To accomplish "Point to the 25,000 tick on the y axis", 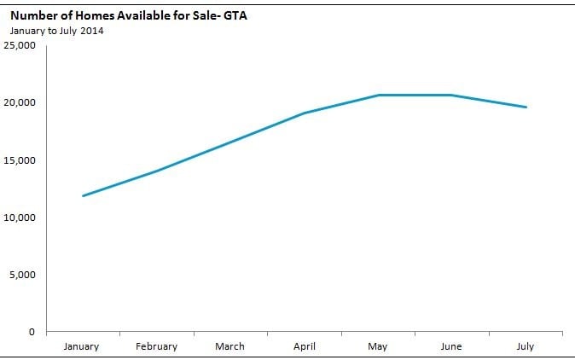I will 20,45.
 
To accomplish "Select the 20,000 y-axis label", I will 20,102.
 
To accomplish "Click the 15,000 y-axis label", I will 20,160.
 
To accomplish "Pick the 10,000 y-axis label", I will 20,218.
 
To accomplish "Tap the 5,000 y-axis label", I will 23,275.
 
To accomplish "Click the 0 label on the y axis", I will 32,332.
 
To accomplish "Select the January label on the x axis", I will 83,346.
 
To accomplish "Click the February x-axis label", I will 156,346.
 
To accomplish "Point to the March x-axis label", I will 229,346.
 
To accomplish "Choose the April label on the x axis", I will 304,346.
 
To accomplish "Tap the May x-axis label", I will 377,346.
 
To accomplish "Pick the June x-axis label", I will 451,346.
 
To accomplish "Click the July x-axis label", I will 526,346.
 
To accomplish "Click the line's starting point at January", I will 83,196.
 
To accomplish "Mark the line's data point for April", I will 304,113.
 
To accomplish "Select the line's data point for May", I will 378,95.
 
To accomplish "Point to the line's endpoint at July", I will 526,107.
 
